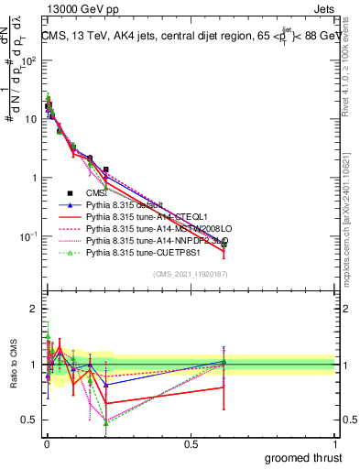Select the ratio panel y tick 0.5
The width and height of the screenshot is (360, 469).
[27, 420]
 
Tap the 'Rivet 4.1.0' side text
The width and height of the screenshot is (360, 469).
[351, 82]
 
